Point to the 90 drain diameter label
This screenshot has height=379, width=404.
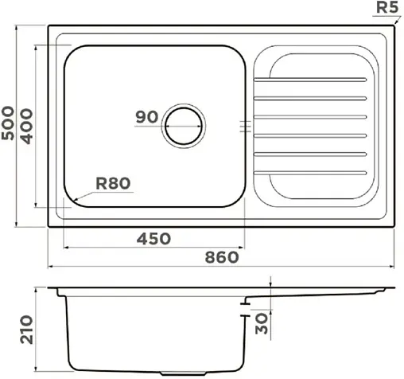point(146,117)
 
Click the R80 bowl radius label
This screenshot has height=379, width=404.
point(112,184)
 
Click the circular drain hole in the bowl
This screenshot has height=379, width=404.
point(185,125)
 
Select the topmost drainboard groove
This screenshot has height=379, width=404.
point(312,80)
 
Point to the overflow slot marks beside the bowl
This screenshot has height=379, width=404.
point(245,125)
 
